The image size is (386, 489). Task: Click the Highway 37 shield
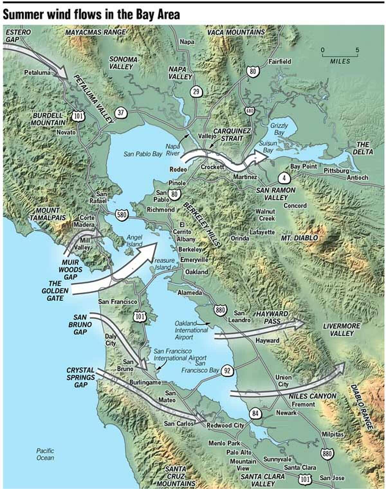click(121, 113)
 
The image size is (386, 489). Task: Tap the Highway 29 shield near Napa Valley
click(196, 92)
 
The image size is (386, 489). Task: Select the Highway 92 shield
click(227, 371)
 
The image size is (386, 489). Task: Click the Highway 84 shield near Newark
click(255, 414)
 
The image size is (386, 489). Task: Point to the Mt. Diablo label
click(299, 238)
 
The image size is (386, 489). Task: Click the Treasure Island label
click(164, 263)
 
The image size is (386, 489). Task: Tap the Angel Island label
click(134, 241)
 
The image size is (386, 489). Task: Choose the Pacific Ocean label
click(45, 454)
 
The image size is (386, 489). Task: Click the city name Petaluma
click(37, 73)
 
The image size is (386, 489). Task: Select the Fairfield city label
click(280, 61)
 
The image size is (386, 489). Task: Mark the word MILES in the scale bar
click(340, 61)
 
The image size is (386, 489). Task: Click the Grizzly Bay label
click(279, 129)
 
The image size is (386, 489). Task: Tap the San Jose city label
click(332, 478)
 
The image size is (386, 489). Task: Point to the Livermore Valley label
click(342, 330)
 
